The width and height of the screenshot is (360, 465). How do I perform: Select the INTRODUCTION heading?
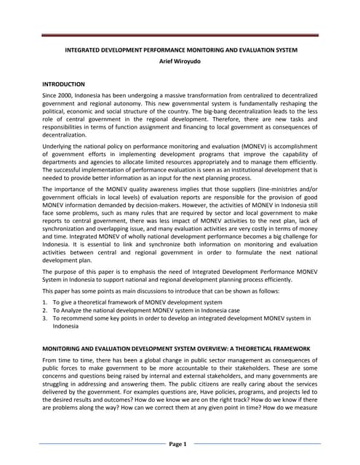tap(63, 84)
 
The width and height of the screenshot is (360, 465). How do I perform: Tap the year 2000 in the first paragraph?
tap(68, 97)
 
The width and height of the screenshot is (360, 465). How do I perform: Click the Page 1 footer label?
tap(179, 443)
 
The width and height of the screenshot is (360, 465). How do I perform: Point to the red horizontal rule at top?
tap(180, 34)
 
